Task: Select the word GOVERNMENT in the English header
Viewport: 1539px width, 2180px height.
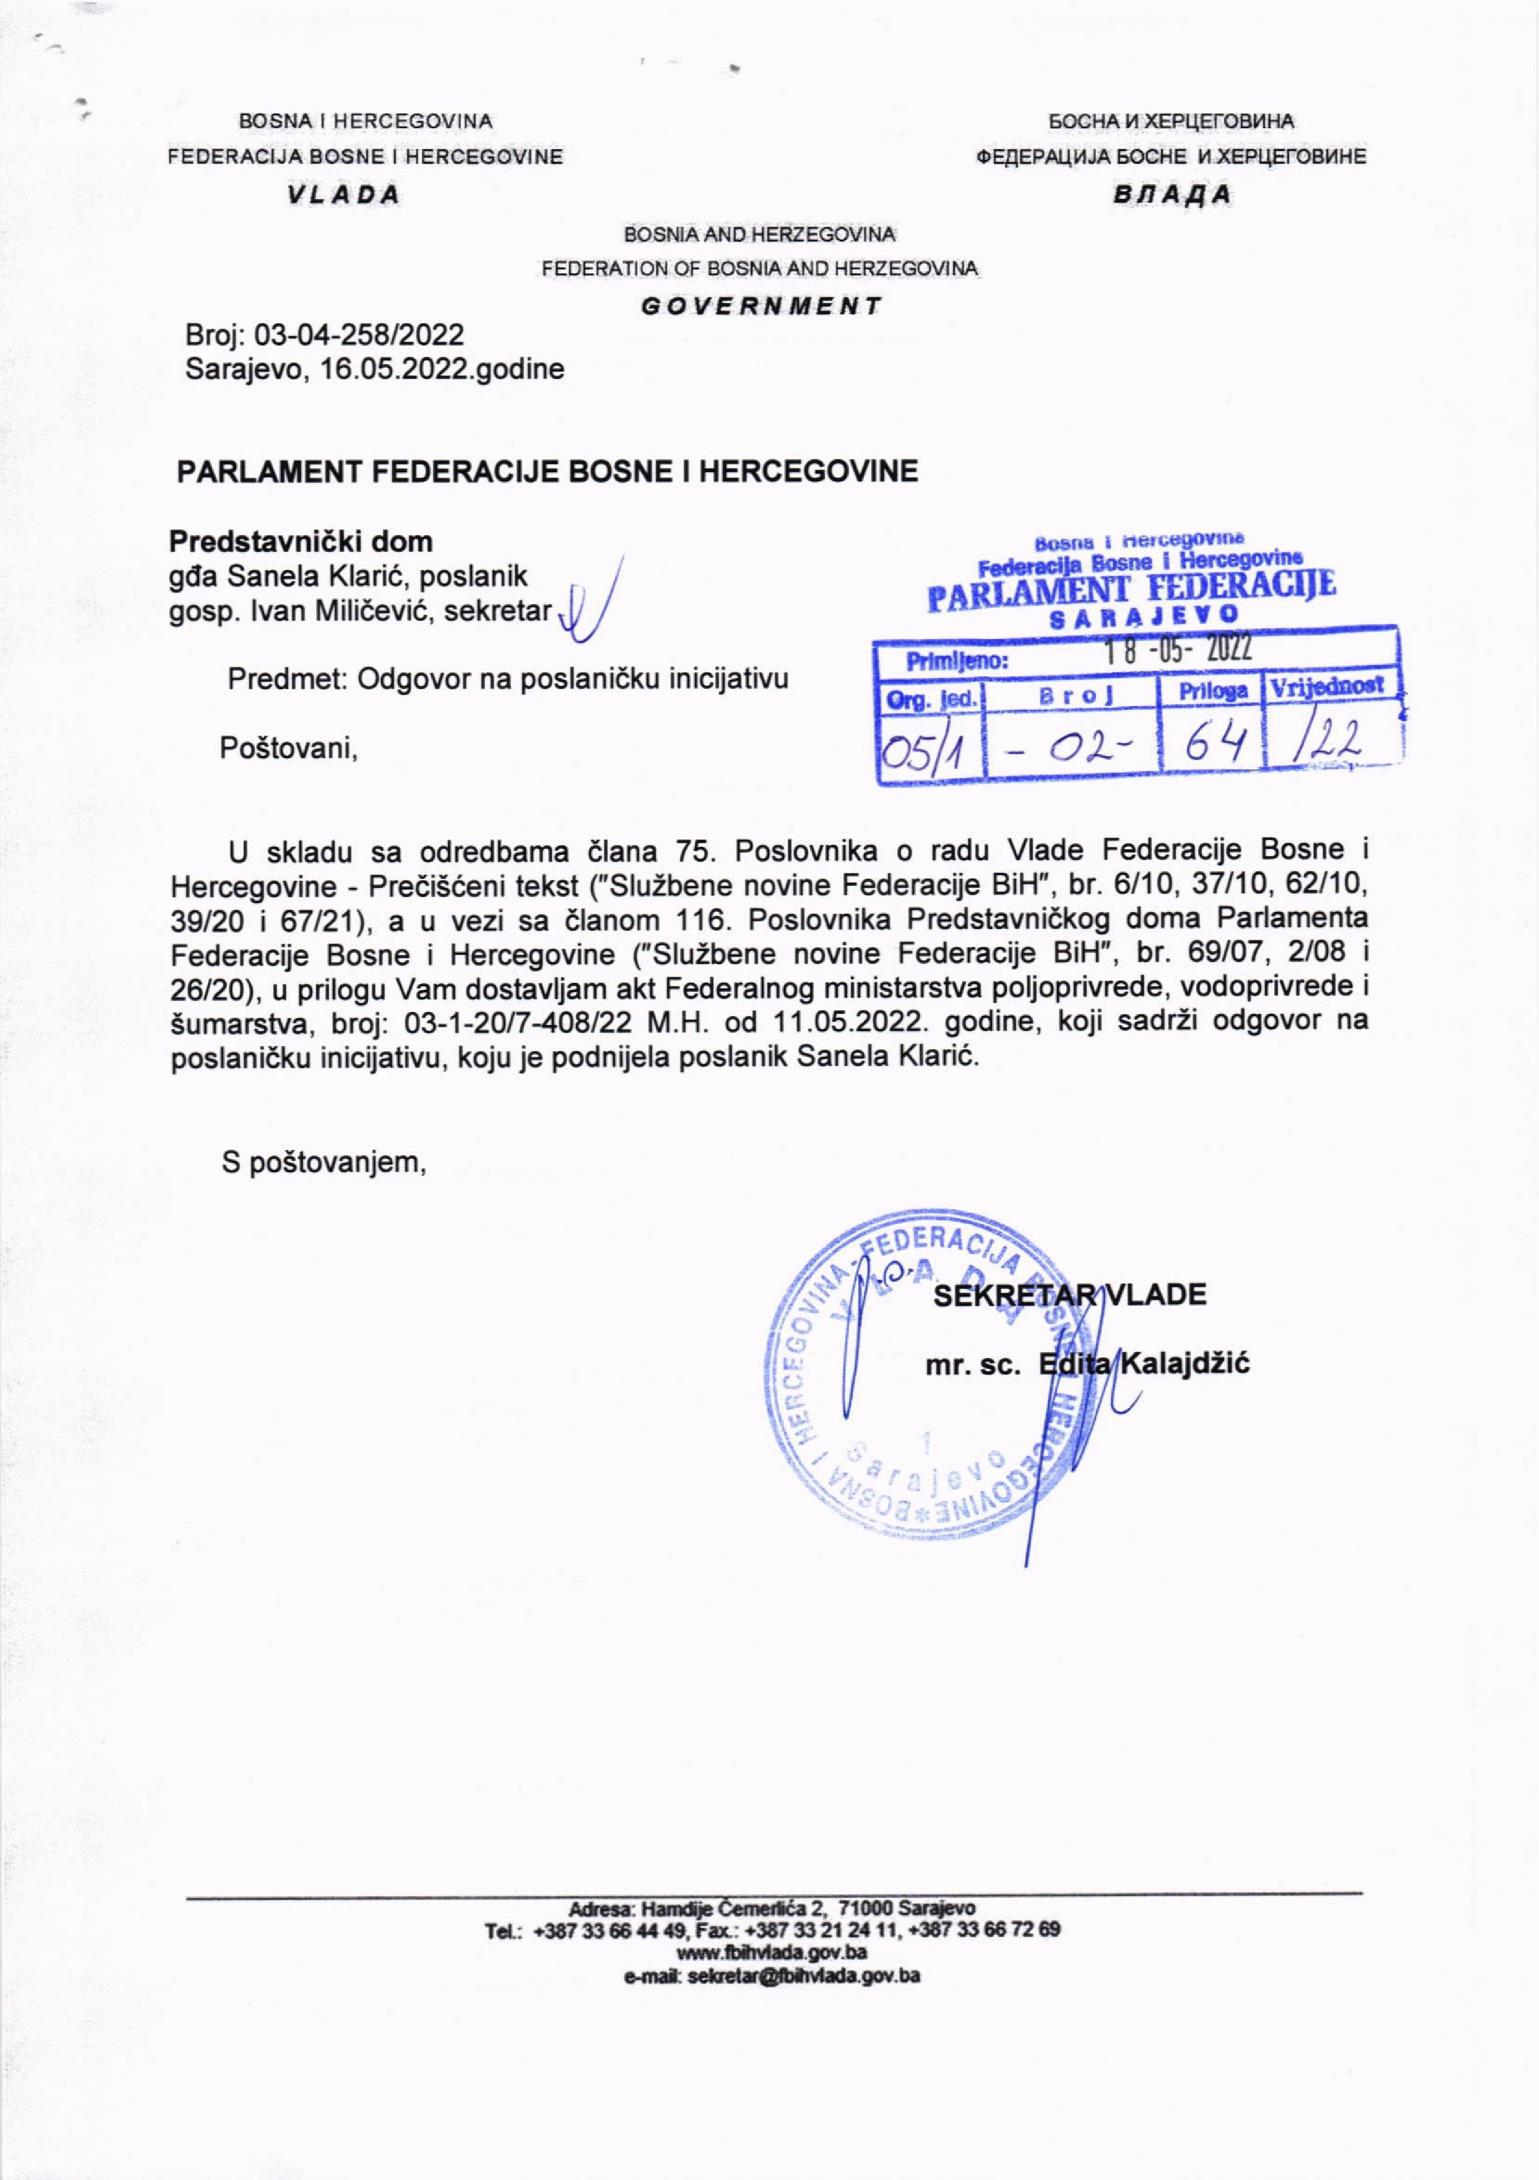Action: [x=761, y=306]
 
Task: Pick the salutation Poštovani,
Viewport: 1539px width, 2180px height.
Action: [x=288, y=748]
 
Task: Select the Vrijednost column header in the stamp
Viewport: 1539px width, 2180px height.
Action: [x=1327, y=685]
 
